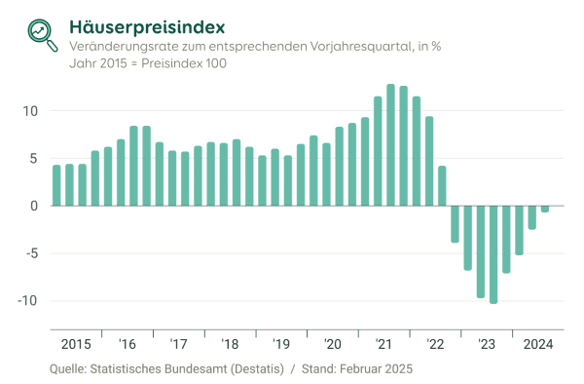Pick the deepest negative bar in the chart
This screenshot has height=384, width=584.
click(x=493, y=254)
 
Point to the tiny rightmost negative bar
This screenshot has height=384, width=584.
click(x=545, y=209)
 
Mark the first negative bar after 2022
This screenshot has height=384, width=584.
click(x=455, y=224)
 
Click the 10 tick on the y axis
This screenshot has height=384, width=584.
click(x=30, y=110)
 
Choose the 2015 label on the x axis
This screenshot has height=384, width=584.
click(x=75, y=344)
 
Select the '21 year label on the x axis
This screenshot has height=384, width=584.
click(x=383, y=344)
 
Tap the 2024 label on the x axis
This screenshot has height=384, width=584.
click(x=537, y=344)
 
